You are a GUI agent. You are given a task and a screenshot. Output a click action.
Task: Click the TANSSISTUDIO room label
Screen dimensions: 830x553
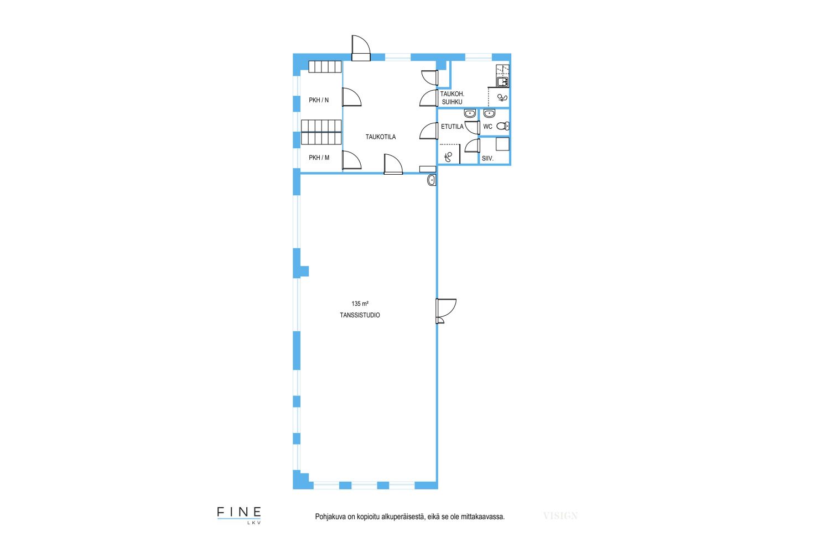(360, 315)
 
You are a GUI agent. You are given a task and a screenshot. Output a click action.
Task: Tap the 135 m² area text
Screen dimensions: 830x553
(360, 304)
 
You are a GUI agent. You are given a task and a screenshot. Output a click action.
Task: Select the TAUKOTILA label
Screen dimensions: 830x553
(381, 137)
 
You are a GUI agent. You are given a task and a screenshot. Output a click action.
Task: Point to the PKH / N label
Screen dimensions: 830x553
(319, 100)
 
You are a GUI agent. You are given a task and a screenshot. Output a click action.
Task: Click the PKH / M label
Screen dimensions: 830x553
(319, 158)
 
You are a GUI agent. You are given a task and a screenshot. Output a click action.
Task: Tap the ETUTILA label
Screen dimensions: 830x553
(452, 127)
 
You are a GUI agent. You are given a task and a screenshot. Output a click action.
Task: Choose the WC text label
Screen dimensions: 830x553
(487, 127)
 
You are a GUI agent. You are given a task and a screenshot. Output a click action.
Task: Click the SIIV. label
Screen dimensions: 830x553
(487, 159)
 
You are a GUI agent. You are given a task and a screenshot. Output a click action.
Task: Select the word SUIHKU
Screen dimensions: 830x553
(452, 102)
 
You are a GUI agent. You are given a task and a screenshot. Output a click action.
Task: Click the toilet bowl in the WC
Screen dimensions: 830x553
(503, 126)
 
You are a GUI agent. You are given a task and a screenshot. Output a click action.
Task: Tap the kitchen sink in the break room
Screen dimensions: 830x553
(502, 81)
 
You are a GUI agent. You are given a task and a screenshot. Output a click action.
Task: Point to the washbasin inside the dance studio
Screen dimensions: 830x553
(432, 180)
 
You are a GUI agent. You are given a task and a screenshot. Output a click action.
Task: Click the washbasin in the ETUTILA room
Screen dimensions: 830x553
(470, 113)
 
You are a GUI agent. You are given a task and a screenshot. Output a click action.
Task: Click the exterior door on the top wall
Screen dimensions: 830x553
(361, 48)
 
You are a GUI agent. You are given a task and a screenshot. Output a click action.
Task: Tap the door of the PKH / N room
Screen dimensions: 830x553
(351, 97)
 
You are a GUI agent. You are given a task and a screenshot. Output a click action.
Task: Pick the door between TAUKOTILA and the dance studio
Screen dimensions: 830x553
(393, 164)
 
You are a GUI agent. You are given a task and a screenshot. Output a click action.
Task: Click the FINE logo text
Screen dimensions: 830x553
(239, 512)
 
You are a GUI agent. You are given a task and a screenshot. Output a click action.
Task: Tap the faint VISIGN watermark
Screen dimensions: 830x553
(560, 515)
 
